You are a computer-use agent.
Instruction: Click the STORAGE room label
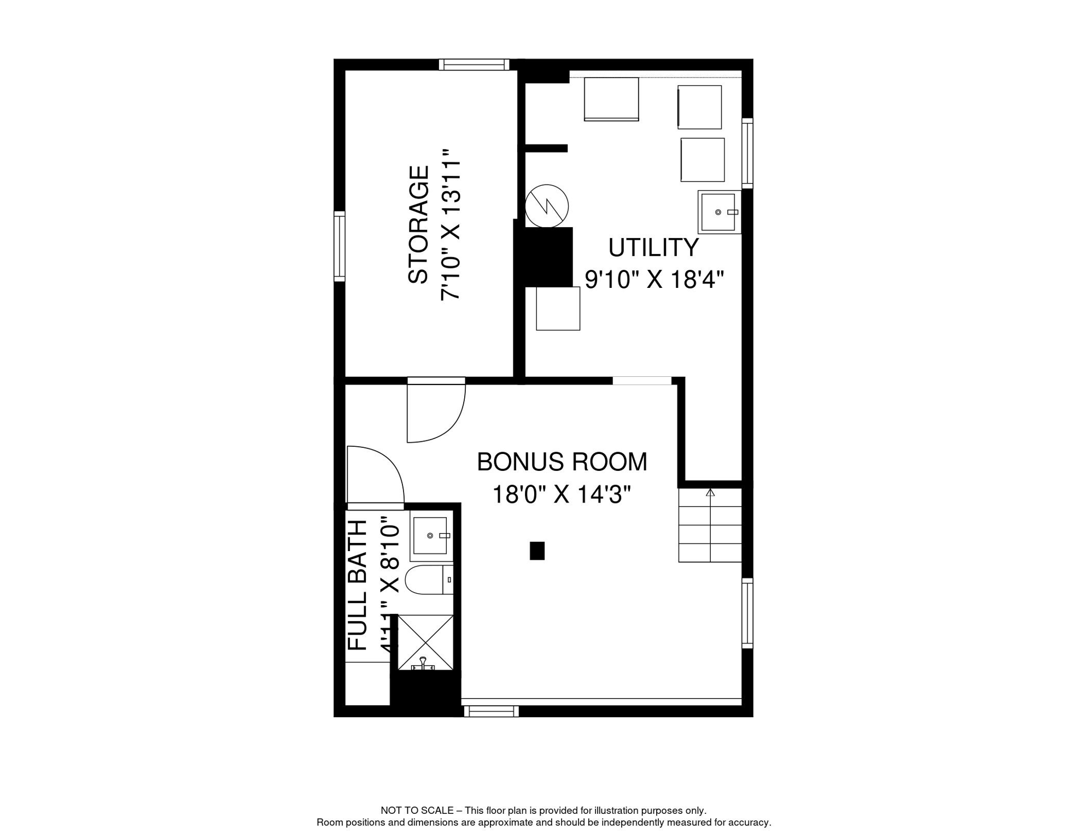pyautogui.click(x=418, y=224)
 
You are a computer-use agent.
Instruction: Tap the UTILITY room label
pyautogui.click(x=653, y=247)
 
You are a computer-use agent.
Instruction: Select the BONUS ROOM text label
pyautogui.click(x=562, y=462)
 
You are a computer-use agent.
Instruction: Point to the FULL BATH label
pyautogui.click(x=358, y=585)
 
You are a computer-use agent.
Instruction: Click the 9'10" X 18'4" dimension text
pyautogui.click(x=654, y=280)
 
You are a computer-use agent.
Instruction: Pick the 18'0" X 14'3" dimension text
pyautogui.click(x=562, y=495)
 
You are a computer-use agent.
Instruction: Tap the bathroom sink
pyautogui.click(x=431, y=535)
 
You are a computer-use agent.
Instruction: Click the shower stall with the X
pyautogui.click(x=425, y=642)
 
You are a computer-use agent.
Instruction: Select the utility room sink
pyautogui.click(x=718, y=212)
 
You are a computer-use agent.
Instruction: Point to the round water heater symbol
pyautogui.click(x=547, y=206)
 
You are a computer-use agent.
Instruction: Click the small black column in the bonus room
pyautogui.click(x=537, y=551)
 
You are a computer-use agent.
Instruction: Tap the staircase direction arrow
pyautogui.click(x=710, y=493)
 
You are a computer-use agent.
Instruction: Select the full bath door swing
pyautogui.click(x=375, y=475)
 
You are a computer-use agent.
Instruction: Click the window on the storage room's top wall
pyautogui.click(x=474, y=64)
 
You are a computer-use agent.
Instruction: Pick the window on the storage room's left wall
pyautogui.click(x=340, y=246)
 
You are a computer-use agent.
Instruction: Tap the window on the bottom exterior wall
pyautogui.click(x=490, y=711)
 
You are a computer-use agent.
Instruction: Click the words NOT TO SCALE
pyautogui.click(x=417, y=811)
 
